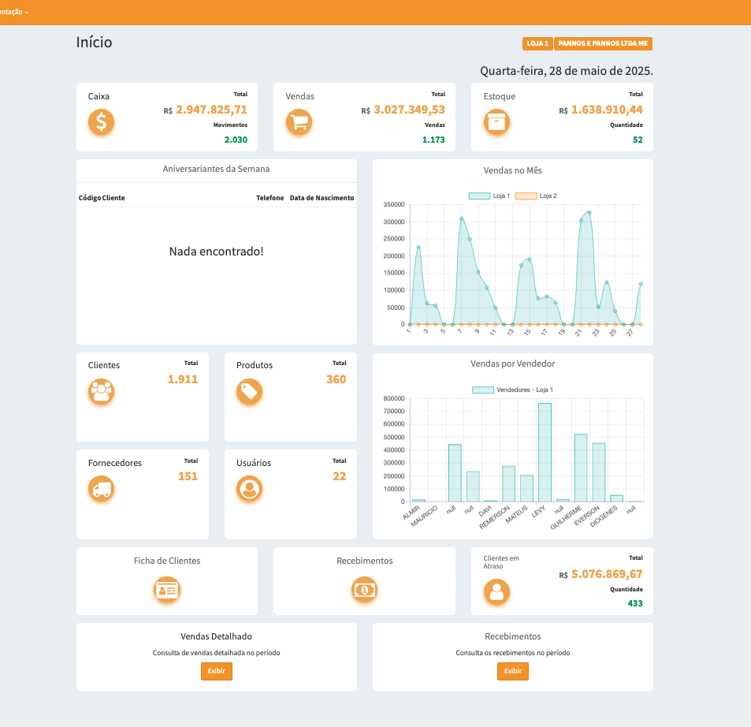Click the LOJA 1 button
pyautogui.click(x=537, y=44)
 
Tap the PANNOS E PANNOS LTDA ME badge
pyautogui.click(x=604, y=44)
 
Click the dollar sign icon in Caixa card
pyautogui.click(x=101, y=122)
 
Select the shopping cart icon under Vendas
pyautogui.click(x=299, y=122)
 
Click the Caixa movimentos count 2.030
pyautogui.click(x=236, y=140)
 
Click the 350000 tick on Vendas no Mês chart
pyautogui.click(x=393, y=204)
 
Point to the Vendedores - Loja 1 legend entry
pyautogui.click(x=512, y=390)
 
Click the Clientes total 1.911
pyautogui.click(x=183, y=379)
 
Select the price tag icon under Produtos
pyautogui.click(x=250, y=392)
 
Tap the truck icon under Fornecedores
pyautogui.click(x=101, y=490)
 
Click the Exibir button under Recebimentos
pyautogui.click(x=512, y=671)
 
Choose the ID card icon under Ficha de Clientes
pyautogui.click(x=167, y=590)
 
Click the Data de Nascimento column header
pyautogui.click(x=322, y=198)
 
